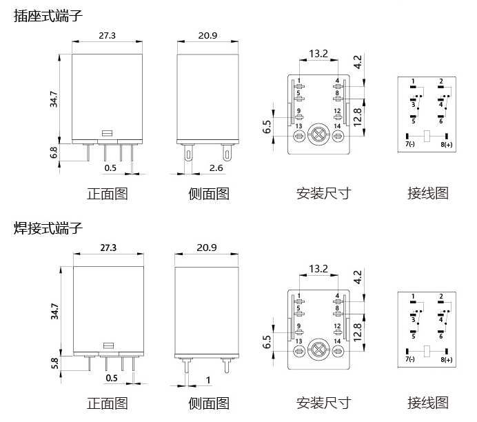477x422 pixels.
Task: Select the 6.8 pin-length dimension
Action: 54,152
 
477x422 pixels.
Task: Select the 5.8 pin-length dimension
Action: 54,362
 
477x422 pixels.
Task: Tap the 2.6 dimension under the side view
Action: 216,168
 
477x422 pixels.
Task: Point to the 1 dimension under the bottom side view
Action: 208,380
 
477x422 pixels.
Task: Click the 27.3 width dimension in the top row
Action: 108,34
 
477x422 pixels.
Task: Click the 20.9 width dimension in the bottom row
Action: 207,247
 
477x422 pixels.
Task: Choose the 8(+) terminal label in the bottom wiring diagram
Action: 447,359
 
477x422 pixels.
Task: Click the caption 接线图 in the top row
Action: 427,193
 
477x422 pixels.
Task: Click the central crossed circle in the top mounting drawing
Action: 318,134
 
